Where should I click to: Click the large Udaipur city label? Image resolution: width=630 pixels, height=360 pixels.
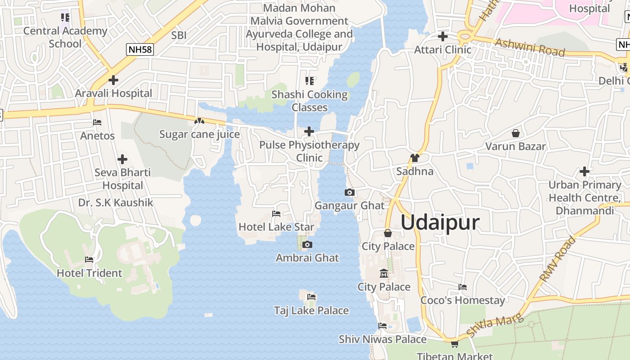440,223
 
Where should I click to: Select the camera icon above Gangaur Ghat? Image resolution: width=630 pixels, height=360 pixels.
349,193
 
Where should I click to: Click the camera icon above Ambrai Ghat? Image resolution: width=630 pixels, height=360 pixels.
307,245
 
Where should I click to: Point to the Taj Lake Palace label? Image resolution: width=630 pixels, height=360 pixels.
311,310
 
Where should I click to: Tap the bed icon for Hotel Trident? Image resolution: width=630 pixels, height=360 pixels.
89,260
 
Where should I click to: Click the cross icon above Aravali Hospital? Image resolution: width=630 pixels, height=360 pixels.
113,80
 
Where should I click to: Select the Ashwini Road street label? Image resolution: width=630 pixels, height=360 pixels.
530,47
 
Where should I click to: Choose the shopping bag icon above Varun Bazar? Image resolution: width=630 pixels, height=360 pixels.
516,133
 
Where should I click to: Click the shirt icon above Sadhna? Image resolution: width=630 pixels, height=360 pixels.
415,158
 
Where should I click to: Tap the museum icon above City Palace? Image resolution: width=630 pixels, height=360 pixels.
384,274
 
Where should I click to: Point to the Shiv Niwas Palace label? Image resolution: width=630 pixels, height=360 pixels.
382,339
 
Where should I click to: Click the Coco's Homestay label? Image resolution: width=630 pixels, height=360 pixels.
463,300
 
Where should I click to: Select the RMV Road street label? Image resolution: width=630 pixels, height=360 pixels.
558,259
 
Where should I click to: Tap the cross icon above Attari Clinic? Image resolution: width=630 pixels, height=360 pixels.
443,36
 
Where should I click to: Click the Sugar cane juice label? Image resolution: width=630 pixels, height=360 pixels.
199,135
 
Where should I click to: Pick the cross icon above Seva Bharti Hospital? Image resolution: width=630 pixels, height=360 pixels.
122,159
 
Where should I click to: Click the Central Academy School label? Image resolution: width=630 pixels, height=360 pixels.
65,37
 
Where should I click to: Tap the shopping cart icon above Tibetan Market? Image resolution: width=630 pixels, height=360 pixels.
454,344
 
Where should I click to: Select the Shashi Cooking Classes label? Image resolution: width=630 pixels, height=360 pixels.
310,101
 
